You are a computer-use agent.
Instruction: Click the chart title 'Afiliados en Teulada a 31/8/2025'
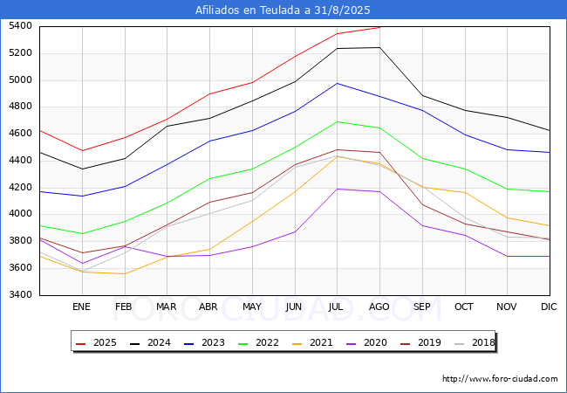tap(283, 10)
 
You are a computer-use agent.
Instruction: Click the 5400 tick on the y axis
tap(20, 26)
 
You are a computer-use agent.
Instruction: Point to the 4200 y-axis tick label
tap(20, 187)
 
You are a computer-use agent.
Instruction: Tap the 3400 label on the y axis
tap(20, 294)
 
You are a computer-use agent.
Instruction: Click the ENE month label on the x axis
tap(81, 307)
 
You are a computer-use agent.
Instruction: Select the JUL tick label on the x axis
tap(337, 307)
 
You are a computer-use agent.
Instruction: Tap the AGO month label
tap(379, 307)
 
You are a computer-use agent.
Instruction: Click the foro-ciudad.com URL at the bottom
tap(500, 379)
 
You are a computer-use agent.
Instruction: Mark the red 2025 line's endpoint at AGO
tap(379, 27)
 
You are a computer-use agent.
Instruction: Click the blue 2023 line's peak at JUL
tap(337, 83)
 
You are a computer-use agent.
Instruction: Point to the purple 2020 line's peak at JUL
tap(337, 189)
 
